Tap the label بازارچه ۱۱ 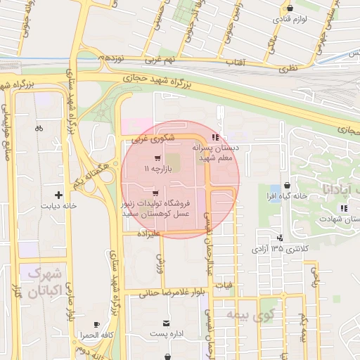click(156, 169)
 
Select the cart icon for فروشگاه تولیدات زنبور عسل click(155, 192)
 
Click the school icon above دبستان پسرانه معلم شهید click(214, 136)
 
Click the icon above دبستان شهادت click(342, 208)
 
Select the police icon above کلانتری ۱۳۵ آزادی click(280, 238)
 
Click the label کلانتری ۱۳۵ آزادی click(280, 249)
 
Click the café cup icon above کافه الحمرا click(97, 324)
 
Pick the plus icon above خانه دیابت click(58, 194)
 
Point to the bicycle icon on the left click(39, 128)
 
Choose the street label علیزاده click(151, 231)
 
